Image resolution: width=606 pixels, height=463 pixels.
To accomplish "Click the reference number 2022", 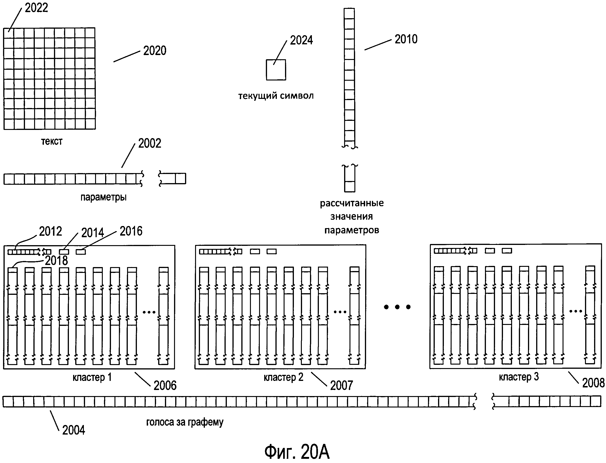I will click(x=36, y=8).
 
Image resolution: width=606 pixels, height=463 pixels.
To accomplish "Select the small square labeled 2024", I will click(x=276, y=70).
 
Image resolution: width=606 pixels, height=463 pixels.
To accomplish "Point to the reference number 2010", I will click(x=406, y=39).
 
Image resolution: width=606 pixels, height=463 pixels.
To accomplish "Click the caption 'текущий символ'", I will click(x=276, y=96).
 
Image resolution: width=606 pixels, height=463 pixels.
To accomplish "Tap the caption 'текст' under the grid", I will click(x=52, y=141).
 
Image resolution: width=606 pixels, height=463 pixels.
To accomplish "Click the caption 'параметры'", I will click(x=103, y=197).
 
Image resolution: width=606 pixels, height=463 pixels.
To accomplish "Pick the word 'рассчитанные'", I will click(x=352, y=203).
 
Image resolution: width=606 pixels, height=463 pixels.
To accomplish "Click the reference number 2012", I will click(x=50, y=231).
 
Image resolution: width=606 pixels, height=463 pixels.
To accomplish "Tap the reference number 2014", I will click(x=93, y=233).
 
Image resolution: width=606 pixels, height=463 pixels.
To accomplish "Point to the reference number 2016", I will click(x=131, y=231).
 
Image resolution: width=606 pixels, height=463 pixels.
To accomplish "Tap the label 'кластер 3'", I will click(x=519, y=377).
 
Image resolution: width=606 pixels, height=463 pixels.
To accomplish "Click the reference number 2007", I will click(x=342, y=386).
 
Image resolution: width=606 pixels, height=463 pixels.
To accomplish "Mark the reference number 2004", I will click(x=74, y=430).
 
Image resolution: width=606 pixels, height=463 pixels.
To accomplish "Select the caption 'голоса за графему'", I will click(x=185, y=422).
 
